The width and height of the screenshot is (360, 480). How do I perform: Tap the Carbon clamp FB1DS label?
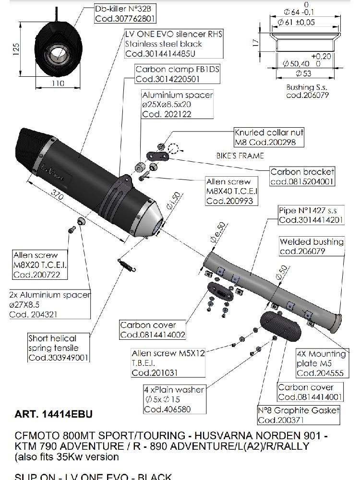177,69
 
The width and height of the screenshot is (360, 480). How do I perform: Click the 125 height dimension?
16,48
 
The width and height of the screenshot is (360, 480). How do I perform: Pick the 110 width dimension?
58,83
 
